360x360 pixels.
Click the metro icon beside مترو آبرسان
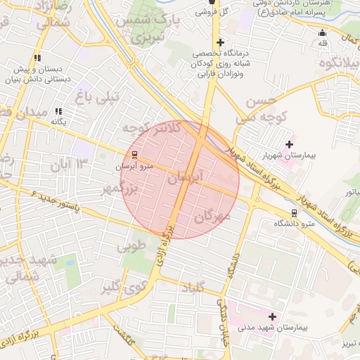tap(134, 155)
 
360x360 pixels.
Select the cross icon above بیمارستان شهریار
tap(289, 143)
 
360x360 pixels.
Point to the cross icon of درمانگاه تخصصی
tap(220, 43)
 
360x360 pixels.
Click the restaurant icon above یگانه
tap(59, 111)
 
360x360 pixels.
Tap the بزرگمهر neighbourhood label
tap(127, 189)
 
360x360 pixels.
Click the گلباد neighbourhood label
tap(193, 288)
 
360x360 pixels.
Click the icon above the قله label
tap(323, 32)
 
